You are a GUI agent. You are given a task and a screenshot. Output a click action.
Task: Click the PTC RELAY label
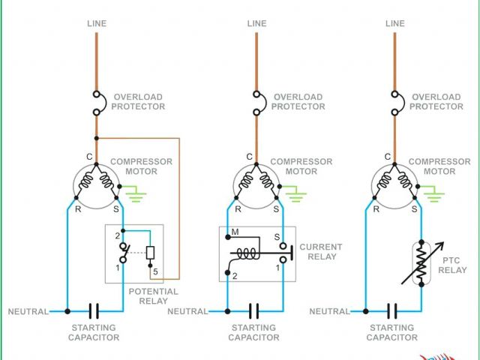pos(452,265)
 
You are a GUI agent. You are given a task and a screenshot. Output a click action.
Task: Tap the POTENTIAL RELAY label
pos(154,296)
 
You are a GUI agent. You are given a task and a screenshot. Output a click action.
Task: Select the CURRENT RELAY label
pos(320,252)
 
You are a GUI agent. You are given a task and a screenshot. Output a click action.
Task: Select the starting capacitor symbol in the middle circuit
pos(254,310)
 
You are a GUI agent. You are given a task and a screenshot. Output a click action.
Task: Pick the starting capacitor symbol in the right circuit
pos(392,310)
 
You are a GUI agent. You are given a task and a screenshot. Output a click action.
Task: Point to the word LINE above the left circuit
pos(96,23)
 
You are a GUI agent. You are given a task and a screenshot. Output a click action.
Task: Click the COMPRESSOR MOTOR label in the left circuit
pos(141,166)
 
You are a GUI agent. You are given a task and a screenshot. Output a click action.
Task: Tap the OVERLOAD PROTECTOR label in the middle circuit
pos(298,102)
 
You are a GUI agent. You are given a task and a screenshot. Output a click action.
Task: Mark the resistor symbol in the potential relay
pos(150,253)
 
